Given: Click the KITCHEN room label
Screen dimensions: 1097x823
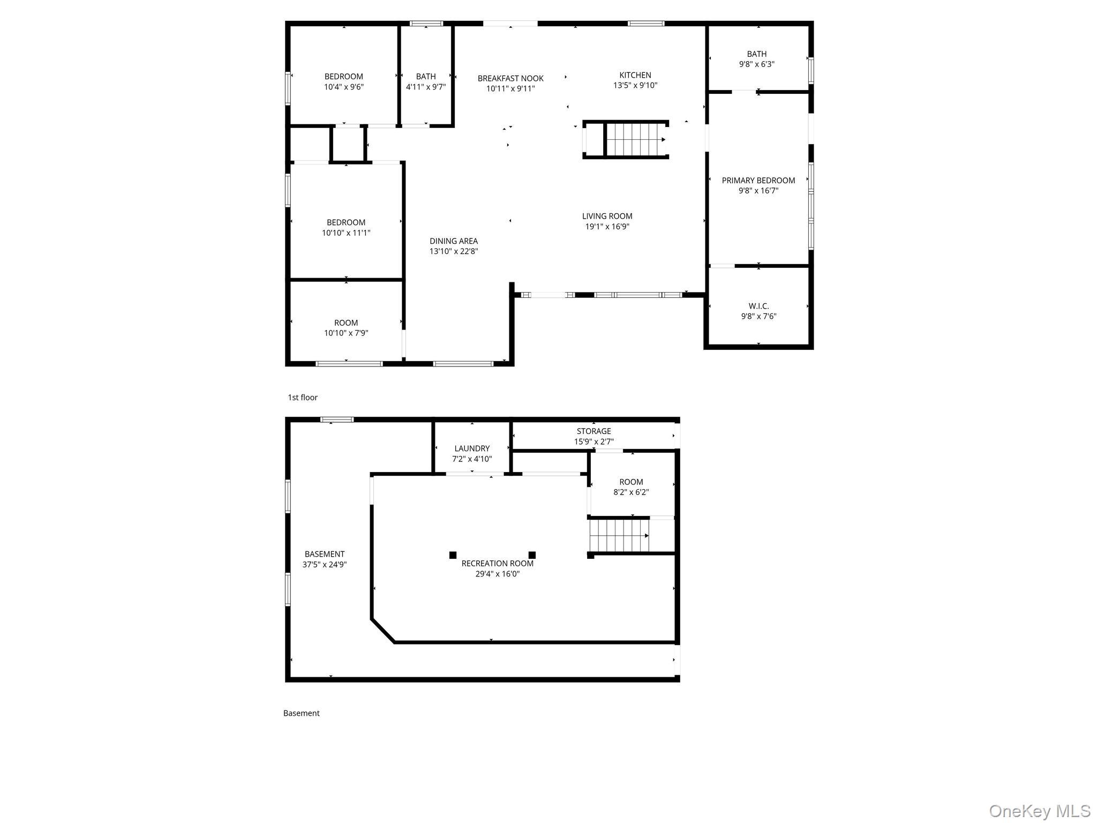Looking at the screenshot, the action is [x=635, y=76].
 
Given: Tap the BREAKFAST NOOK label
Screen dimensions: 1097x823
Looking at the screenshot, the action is [x=510, y=79].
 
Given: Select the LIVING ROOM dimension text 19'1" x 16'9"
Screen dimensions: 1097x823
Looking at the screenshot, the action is [x=607, y=227].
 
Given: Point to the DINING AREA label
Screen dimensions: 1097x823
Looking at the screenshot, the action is [x=454, y=241].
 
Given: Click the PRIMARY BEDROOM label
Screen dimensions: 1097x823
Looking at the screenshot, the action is [x=758, y=181].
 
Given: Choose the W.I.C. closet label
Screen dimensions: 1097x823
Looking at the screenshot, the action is [x=758, y=306].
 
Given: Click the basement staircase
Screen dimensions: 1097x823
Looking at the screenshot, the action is [x=620, y=535].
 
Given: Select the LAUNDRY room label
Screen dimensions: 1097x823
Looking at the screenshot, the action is [x=472, y=449].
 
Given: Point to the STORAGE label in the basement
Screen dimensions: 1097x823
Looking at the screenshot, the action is [x=593, y=431].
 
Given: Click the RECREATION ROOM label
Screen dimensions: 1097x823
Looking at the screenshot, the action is [x=498, y=564].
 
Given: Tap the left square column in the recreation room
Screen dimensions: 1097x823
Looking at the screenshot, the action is [x=453, y=555].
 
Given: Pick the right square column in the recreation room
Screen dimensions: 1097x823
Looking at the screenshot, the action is [x=532, y=555].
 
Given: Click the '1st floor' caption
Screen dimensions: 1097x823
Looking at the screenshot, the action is [x=303, y=398].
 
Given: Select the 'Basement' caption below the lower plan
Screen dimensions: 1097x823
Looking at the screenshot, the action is [x=301, y=713].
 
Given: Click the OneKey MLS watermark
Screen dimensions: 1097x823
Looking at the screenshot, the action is [x=1039, y=811].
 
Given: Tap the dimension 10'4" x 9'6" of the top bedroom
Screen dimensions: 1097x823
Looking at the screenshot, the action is [x=344, y=87].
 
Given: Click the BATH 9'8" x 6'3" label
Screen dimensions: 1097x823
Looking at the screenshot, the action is [x=757, y=59].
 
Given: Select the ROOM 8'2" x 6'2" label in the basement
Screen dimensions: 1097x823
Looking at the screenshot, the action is [x=631, y=487].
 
